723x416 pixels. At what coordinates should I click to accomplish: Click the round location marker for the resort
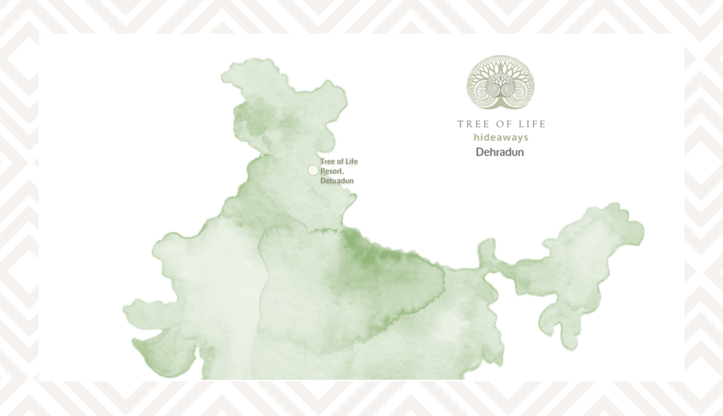313,170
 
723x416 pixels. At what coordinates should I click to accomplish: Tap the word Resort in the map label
330,171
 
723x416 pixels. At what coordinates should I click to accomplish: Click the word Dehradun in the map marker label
337,181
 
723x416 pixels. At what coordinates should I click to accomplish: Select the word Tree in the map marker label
328,162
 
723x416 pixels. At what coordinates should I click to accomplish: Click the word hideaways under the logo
501,137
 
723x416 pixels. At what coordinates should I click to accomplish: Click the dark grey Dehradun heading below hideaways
500,152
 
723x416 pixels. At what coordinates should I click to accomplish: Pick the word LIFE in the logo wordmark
530,124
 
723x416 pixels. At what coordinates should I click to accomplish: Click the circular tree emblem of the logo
501,83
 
